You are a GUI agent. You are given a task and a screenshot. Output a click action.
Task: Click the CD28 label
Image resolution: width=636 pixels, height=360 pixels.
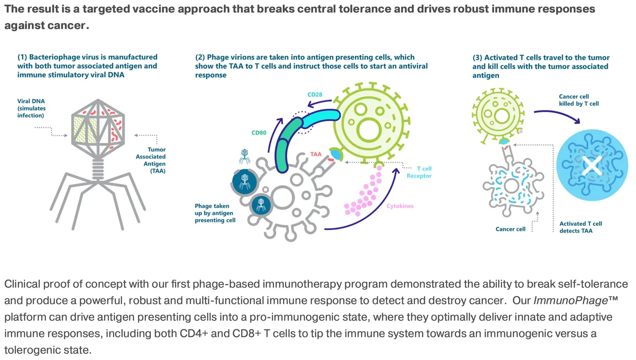[x=315, y=95]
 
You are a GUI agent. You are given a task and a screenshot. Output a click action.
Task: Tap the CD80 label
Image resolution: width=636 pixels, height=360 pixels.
[x=259, y=133]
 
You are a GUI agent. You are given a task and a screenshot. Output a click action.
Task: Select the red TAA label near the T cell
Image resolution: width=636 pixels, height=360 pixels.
[x=316, y=154]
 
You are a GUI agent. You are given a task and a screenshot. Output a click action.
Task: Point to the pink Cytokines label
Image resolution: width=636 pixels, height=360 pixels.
[x=400, y=206]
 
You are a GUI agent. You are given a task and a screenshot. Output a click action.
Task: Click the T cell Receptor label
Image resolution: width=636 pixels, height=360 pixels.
[x=419, y=172]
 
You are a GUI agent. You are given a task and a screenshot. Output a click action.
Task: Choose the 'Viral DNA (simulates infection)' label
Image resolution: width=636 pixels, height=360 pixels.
[x=31, y=108]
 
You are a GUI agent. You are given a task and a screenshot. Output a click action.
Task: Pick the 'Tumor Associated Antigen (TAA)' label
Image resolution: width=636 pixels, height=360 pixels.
[x=152, y=160]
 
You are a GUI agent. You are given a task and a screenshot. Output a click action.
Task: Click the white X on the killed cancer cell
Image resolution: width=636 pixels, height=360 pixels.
[x=592, y=166]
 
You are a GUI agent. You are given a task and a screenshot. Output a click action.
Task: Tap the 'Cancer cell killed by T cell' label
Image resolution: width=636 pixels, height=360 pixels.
[x=578, y=100]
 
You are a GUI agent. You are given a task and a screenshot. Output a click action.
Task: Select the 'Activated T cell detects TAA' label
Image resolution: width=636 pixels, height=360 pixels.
[x=580, y=227]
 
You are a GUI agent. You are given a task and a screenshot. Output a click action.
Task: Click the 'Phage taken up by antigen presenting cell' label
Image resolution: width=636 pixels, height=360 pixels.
[x=215, y=213]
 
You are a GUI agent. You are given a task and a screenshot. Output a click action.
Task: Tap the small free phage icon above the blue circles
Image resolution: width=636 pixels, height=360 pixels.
[x=244, y=156]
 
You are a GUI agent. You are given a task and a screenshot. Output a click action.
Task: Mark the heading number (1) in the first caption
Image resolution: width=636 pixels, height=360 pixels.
[x=22, y=57]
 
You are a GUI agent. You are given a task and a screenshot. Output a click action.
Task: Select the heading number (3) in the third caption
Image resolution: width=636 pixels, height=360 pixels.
[x=477, y=58]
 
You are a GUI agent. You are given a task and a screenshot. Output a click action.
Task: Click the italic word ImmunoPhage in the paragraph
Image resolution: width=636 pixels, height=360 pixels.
[x=570, y=300]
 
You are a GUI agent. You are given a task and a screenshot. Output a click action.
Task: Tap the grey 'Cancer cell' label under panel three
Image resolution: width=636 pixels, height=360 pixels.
[x=510, y=229]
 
